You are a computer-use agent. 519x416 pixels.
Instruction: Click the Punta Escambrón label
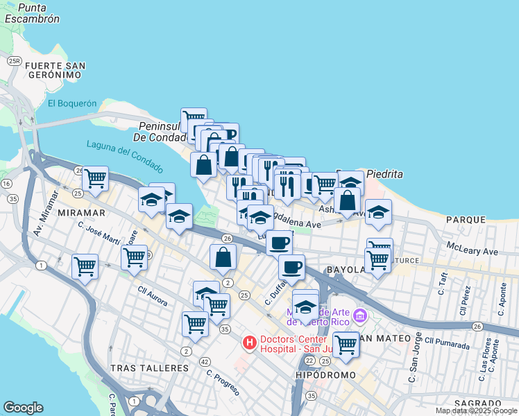click(x=31, y=13)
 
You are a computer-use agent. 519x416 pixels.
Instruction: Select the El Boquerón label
click(x=72, y=103)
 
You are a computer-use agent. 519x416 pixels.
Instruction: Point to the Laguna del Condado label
click(x=125, y=157)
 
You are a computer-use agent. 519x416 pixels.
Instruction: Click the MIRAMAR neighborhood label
click(x=81, y=212)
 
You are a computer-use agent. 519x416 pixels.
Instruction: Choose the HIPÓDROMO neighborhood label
click(x=325, y=375)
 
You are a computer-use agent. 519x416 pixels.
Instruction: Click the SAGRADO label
click(x=478, y=403)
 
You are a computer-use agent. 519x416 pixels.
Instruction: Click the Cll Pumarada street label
click(x=448, y=340)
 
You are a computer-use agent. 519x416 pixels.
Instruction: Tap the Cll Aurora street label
click(x=153, y=294)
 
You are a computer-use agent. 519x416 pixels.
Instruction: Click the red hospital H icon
click(x=249, y=343)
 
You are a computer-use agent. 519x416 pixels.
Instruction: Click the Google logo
click(x=23, y=408)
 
